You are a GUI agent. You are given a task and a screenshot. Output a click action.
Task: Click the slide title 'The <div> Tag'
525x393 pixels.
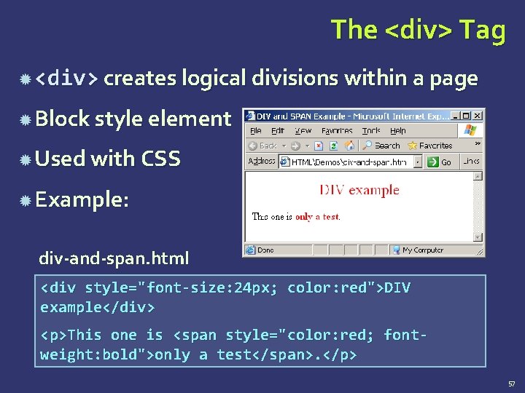click(418, 30)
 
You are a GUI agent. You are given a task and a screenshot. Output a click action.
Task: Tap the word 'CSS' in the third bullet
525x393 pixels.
click(160, 159)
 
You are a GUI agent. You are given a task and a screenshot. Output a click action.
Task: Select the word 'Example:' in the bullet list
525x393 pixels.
click(82, 199)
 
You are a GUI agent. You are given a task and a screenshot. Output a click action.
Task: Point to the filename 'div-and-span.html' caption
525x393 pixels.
click(114, 258)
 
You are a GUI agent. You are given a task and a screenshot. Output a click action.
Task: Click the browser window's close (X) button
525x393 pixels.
click(478, 116)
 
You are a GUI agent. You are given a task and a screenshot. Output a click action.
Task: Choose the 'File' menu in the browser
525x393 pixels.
click(256, 131)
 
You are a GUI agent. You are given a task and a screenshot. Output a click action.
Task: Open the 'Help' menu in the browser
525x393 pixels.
click(398, 131)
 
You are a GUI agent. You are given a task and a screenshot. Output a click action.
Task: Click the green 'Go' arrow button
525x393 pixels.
click(433, 162)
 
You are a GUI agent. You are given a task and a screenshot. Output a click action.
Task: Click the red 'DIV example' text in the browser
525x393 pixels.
click(359, 190)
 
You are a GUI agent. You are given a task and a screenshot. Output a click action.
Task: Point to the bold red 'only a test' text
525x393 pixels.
click(316, 217)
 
